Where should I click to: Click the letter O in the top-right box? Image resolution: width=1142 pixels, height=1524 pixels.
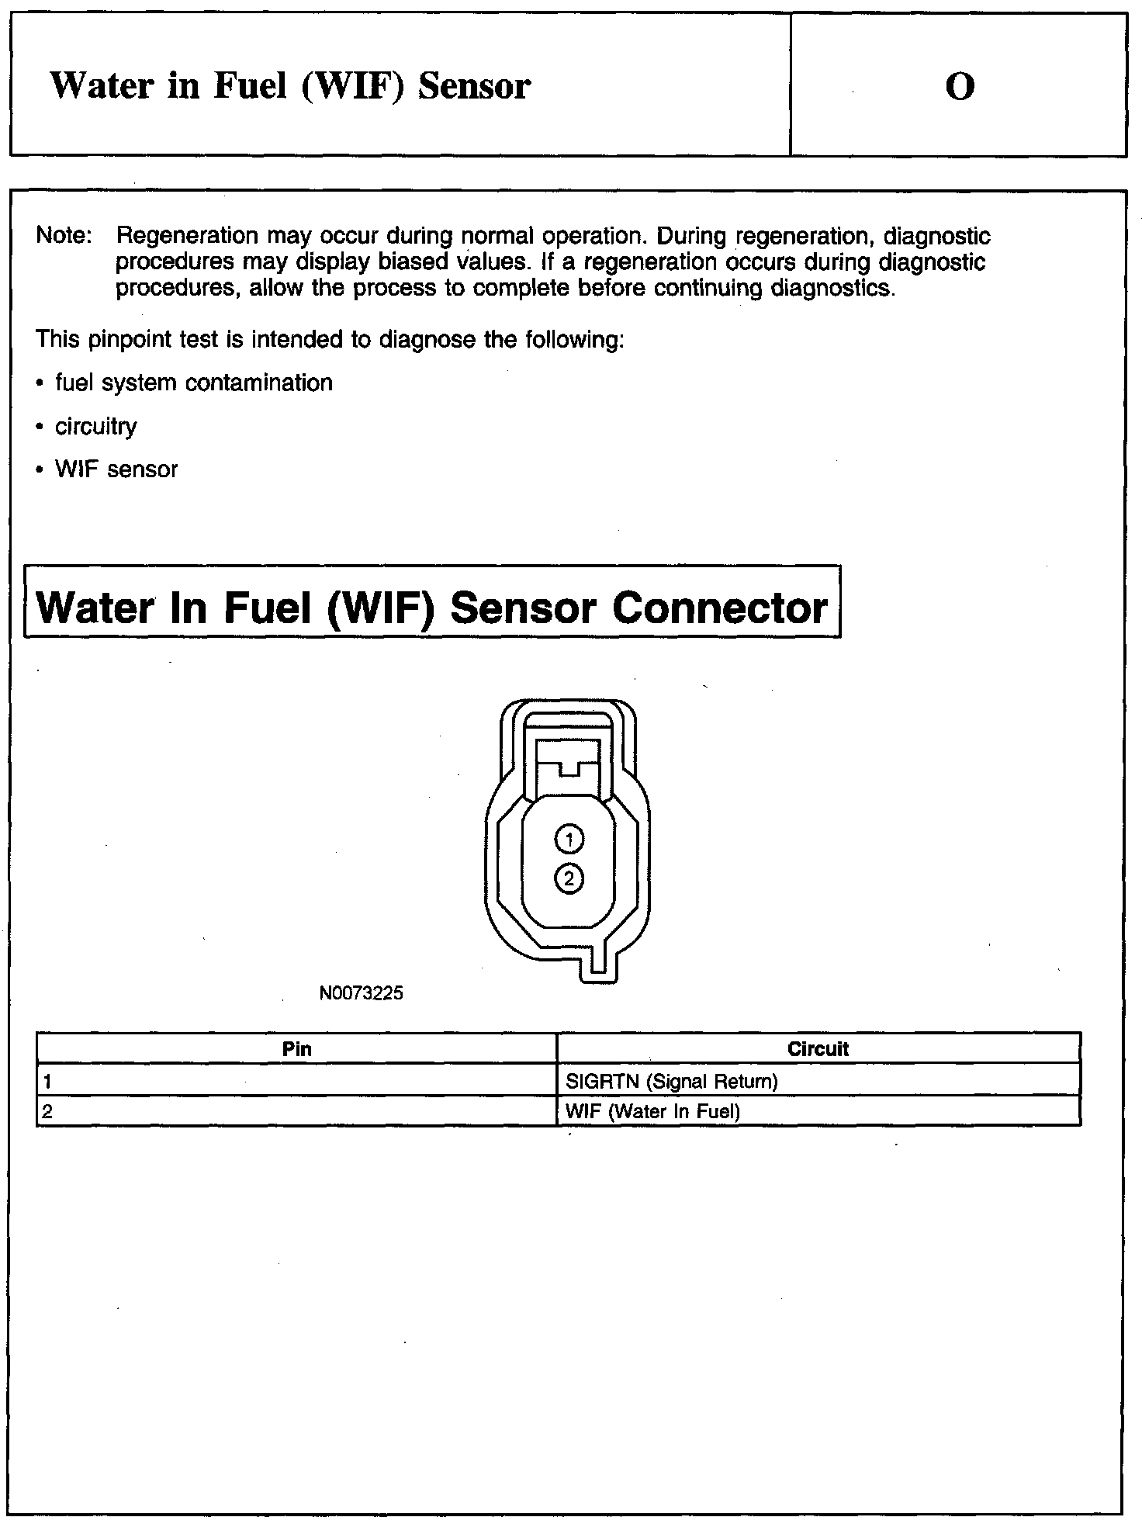[x=960, y=87]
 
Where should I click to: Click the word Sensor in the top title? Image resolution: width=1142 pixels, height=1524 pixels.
[x=474, y=86]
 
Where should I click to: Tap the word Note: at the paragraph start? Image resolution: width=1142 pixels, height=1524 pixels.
[x=64, y=236]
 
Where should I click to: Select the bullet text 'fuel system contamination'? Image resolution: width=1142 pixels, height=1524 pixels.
[x=193, y=383]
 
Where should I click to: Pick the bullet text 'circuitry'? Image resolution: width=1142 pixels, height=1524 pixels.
[x=95, y=427]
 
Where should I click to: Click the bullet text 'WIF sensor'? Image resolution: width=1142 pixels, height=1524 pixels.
[x=116, y=470]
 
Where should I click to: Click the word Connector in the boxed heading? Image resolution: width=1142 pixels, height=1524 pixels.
[x=720, y=608]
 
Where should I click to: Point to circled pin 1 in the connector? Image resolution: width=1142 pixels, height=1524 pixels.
[x=569, y=839]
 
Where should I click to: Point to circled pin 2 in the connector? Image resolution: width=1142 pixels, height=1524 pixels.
[x=569, y=878]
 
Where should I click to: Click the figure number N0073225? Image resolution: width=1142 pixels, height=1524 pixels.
[x=361, y=993]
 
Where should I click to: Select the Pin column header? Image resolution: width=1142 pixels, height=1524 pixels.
[x=296, y=1049]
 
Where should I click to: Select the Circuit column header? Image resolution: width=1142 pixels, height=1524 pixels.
[x=818, y=1049]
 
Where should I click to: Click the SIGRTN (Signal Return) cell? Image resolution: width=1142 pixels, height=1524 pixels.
[x=672, y=1081]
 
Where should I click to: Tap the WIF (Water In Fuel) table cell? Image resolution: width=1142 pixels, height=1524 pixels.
[x=653, y=1112]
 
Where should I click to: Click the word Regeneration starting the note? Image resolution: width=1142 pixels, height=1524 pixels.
[x=187, y=236]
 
